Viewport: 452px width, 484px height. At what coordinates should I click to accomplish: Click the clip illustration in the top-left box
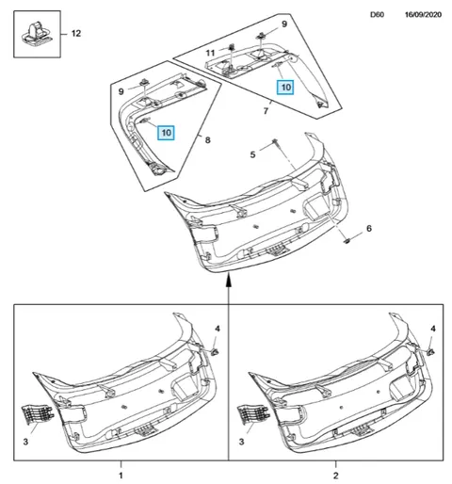click(x=36, y=34)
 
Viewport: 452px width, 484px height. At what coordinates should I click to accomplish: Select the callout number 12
click(x=76, y=33)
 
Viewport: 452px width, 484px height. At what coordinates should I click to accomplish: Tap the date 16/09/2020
click(x=423, y=15)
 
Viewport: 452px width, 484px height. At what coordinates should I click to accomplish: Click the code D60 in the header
click(x=377, y=15)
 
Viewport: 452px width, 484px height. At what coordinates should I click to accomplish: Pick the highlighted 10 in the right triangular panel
click(x=285, y=87)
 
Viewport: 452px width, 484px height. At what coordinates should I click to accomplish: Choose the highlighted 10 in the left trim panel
click(x=166, y=133)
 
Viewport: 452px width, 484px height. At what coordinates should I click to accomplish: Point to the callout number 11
click(x=210, y=53)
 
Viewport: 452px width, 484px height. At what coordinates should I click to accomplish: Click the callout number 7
click(x=266, y=111)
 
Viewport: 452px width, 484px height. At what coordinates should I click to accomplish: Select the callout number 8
click(x=207, y=139)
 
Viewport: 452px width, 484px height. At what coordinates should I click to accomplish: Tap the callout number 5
click(x=252, y=154)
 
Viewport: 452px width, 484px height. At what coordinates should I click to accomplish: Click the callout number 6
click(x=369, y=228)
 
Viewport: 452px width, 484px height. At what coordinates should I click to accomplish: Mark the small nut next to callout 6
click(x=347, y=241)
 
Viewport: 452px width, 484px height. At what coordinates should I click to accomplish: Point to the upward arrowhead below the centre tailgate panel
click(x=229, y=279)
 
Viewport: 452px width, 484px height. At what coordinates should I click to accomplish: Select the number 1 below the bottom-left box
click(x=121, y=476)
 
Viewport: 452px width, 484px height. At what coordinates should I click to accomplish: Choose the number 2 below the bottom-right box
click(x=335, y=476)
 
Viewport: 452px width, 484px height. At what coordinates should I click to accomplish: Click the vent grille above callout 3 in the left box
click(x=37, y=414)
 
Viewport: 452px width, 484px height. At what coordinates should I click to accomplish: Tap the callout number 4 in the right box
click(x=433, y=329)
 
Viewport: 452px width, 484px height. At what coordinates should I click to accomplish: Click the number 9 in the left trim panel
click(x=121, y=91)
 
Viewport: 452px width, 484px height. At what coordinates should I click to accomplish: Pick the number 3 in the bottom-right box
click(x=241, y=442)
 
